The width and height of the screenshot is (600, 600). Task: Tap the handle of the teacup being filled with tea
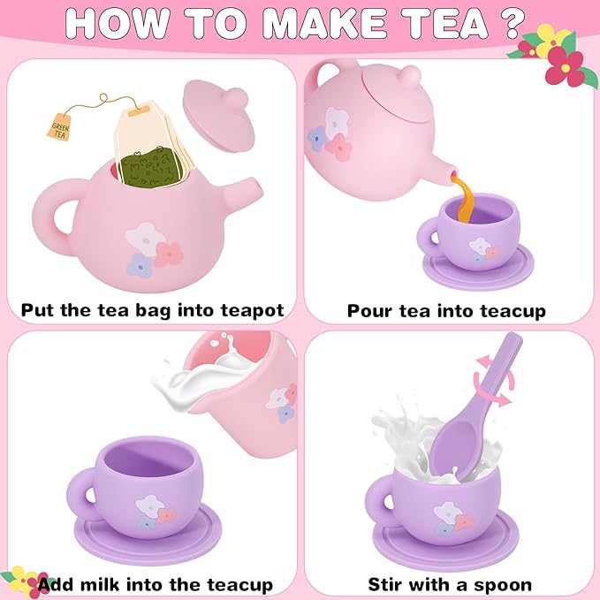point(427,234)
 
